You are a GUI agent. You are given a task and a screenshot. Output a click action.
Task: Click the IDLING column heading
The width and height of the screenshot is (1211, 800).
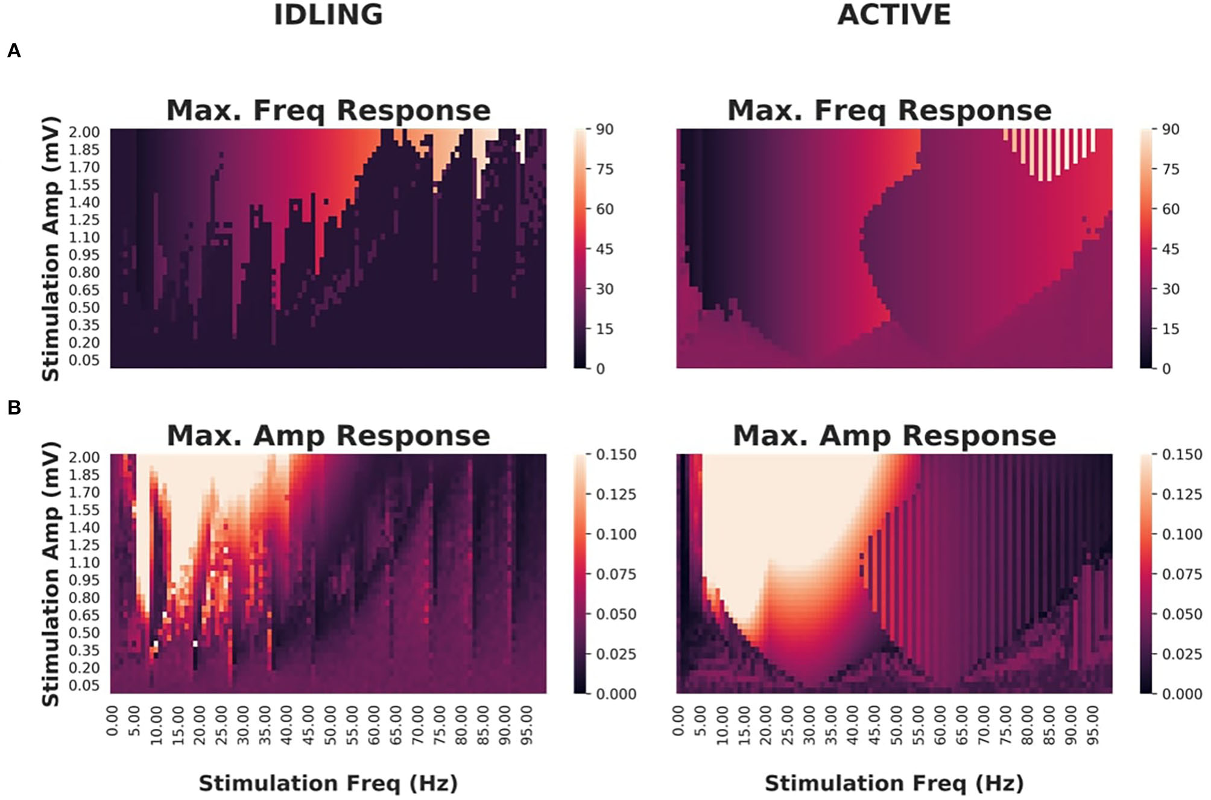coord(328,15)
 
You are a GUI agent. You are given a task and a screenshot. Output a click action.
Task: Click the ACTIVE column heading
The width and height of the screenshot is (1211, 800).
coord(894,15)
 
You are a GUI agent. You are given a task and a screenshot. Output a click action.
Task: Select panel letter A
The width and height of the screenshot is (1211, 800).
coord(14,51)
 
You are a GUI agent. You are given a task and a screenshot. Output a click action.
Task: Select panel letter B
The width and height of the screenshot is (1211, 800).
coord(14,408)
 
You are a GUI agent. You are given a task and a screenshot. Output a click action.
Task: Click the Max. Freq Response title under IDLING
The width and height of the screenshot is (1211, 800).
coord(328,110)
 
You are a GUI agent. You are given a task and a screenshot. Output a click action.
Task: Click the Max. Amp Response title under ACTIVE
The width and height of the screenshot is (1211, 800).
coord(894,436)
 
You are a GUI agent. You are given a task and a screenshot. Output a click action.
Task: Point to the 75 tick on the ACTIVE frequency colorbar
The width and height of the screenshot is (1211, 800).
coord(1170,169)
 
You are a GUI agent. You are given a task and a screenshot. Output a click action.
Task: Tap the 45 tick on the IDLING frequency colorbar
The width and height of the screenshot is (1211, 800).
coord(604,249)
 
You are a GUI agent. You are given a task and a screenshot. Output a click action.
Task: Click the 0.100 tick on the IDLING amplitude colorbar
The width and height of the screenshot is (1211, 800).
coord(615,535)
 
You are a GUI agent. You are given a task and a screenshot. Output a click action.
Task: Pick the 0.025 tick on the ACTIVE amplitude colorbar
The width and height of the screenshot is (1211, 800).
coord(1181,654)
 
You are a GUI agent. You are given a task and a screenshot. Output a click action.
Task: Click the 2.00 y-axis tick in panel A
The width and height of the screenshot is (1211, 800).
coord(84,132)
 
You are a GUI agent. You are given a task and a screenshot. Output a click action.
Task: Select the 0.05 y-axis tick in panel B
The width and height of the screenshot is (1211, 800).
coord(84,685)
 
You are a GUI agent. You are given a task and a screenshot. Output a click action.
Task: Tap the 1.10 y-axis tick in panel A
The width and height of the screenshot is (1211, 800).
coord(84,238)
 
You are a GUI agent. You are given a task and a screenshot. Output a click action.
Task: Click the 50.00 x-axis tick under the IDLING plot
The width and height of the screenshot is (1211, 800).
coord(330,726)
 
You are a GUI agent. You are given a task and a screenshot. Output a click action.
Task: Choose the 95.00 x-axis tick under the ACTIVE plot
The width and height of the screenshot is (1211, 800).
coord(1092,726)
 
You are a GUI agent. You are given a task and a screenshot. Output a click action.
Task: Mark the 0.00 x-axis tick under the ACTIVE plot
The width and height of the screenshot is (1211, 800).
coord(678,722)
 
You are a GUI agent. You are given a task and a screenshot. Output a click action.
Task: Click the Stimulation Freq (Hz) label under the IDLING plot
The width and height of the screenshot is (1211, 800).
coord(328,783)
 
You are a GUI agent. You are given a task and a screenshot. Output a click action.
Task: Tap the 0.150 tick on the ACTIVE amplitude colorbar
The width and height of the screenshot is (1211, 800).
coord(1181,455)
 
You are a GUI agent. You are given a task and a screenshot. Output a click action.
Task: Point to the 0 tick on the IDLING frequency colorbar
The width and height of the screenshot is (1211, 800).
coord(600,369)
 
